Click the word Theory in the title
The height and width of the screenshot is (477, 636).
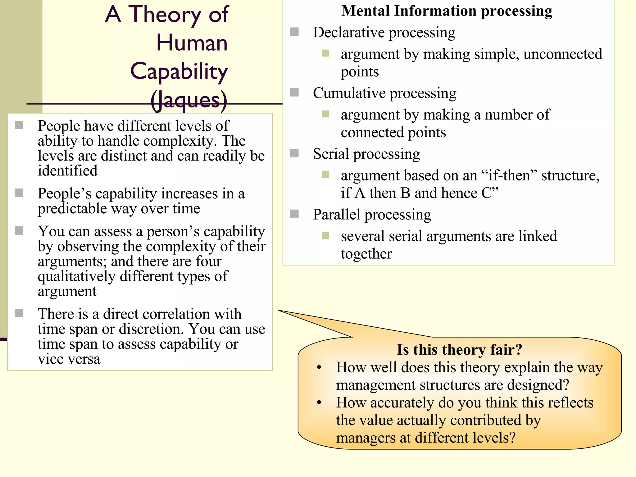click(x=165, y=15)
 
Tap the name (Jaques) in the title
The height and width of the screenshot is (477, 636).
click(x=189, y=100)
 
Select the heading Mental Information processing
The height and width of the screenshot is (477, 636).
click(x=447, y=11)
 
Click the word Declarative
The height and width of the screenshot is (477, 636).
click(x=349, y=33)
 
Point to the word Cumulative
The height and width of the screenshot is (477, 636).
click(x=349, y=93)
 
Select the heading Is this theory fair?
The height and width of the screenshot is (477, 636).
click(x=459, y=350)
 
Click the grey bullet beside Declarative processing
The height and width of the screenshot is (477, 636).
click(x=294, y=32)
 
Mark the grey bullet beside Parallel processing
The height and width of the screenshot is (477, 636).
click(x=294, y=214)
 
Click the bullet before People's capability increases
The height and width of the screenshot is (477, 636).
click(x=19, y=193)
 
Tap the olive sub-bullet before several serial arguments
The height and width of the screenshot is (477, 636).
click(x=325, y=235)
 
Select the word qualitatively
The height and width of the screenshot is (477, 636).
click(x=76, y=276)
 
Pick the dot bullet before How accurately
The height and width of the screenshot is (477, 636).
click(x=319, y=402)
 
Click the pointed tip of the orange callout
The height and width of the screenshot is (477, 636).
click(x=279, y=310)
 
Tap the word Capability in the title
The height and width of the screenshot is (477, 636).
click(x=179, y=71)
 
